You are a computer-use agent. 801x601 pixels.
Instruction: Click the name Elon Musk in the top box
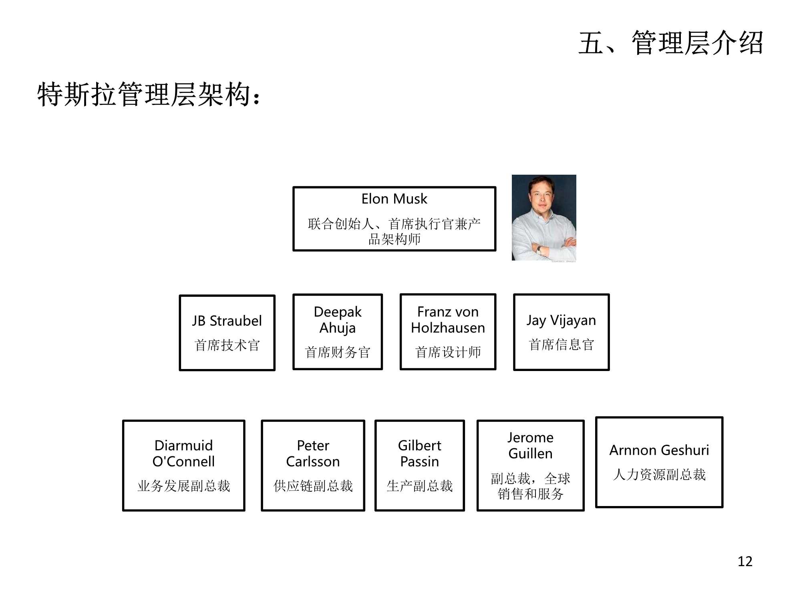(394, 199)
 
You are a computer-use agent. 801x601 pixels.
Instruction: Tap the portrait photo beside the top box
(544, 218)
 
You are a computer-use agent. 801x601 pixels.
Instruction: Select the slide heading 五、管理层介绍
(671, 43)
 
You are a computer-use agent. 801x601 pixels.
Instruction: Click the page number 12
(745, 561)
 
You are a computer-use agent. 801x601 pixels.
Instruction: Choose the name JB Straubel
(227, 321)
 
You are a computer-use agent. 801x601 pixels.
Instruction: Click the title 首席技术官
(227, 345)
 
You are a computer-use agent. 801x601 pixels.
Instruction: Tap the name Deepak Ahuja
(338, 320)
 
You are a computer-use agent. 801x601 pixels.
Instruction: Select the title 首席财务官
(338, 352)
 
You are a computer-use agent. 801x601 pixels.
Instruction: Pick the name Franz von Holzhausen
(448, 320)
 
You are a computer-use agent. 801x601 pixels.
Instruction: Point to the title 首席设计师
(448, 352)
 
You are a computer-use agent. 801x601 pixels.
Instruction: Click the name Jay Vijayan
(561, 321)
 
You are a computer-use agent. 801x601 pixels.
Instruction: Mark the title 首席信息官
(561, 345)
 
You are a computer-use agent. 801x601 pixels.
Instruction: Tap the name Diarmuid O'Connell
(183, 454)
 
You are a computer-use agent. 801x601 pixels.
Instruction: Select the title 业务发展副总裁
(183, 486)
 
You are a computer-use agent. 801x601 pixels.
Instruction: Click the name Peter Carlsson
(313, 454)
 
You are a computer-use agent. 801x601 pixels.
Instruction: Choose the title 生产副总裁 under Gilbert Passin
(419, 486)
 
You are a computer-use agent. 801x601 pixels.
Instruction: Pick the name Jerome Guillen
(530, 446)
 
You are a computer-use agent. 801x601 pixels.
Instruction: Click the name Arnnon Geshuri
(659, 450)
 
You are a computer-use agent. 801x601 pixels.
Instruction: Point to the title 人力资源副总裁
(659, 474)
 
